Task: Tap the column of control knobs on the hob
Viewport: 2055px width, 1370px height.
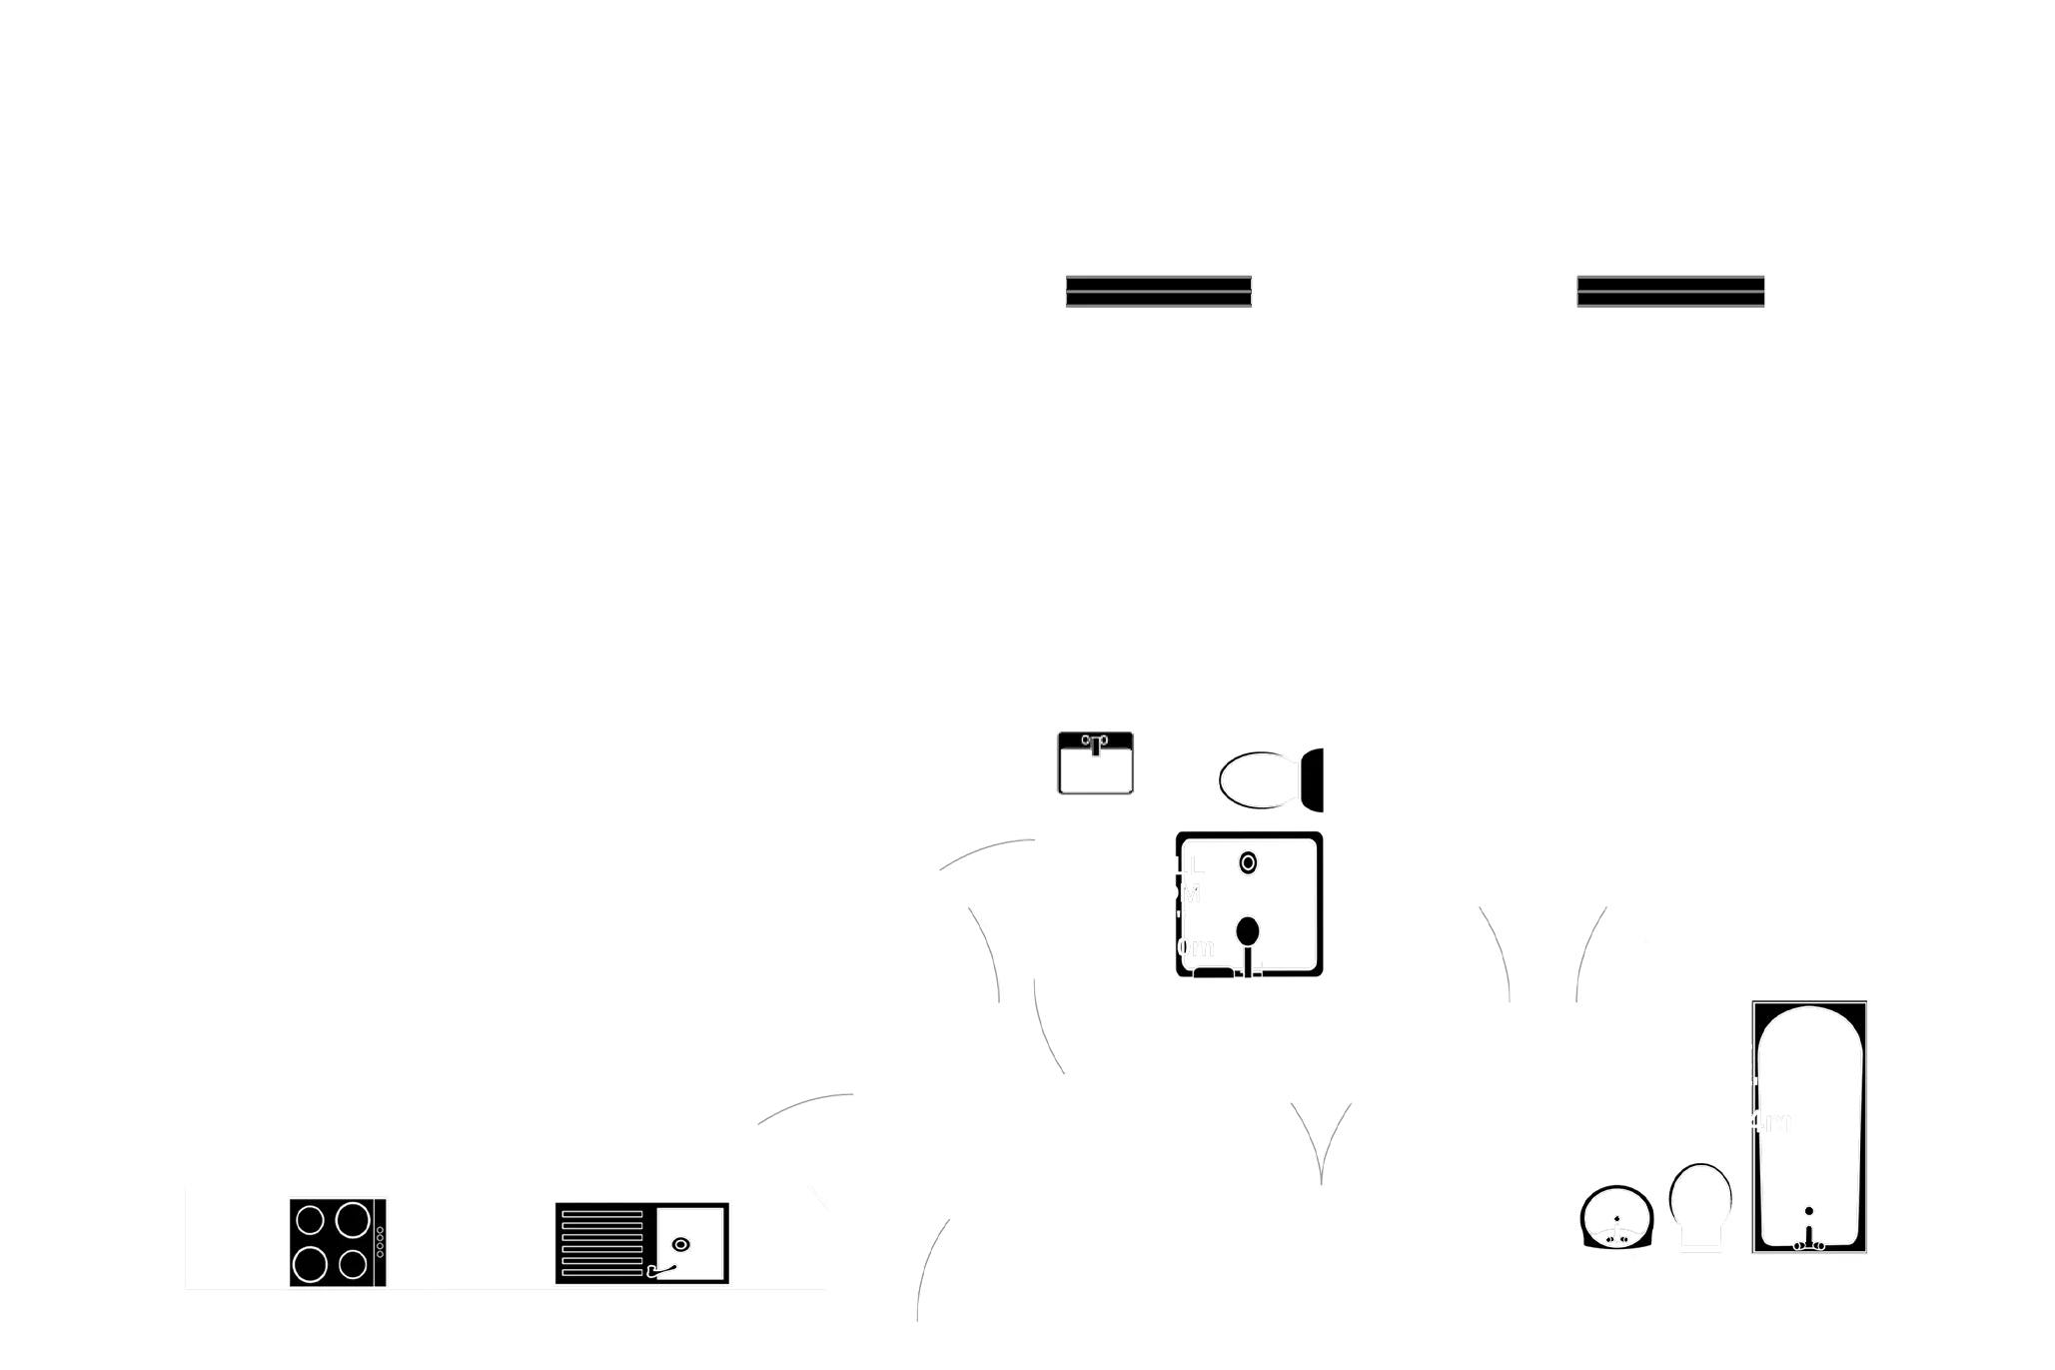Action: point(380,1243)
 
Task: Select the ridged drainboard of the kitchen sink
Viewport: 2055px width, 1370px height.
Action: point(601,1243)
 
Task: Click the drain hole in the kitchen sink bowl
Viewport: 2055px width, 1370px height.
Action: point(680,1245)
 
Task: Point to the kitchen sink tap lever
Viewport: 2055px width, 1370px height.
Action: point(662,1270)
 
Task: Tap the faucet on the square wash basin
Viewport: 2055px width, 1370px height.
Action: point(1095,742)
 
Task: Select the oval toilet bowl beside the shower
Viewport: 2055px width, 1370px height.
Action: point(1257,780)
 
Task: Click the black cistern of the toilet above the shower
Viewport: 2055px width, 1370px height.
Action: point(1313,779)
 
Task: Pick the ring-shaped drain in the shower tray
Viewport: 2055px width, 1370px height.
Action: point(1247,862)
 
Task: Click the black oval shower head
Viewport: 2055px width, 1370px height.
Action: point(1247,930)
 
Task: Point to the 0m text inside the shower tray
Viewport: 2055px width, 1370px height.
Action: point(1195,947)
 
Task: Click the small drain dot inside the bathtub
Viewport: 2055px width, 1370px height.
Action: point(1808,1211)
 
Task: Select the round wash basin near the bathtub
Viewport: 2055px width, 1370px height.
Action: point(1616,1218)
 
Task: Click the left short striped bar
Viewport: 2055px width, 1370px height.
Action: point(1159,292)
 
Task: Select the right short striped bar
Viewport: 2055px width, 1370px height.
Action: point(1670,292)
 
